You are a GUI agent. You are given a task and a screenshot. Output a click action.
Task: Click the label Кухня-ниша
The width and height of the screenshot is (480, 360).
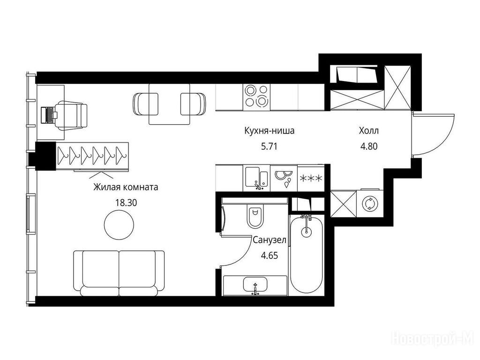[270, 131]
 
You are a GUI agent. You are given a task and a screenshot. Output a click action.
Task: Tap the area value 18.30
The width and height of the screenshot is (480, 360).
[126, 202]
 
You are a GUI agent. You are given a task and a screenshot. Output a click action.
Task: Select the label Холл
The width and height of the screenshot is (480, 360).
[369, 131]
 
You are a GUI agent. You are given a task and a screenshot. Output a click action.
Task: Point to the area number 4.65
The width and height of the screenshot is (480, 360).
[270, 255]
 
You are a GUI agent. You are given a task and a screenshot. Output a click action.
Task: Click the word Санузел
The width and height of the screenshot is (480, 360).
[270, 240]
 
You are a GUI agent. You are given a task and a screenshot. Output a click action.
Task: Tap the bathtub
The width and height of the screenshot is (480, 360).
[307, 254]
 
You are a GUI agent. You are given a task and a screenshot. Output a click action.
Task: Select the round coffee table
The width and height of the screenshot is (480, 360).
[119, 225]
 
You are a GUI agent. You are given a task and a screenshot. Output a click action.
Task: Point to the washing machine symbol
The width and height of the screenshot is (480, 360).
[369, 204]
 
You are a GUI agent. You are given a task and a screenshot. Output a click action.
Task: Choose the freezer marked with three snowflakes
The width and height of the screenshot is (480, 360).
[311, 178]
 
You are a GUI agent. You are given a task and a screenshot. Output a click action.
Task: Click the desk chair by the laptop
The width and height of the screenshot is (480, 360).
[71, 115]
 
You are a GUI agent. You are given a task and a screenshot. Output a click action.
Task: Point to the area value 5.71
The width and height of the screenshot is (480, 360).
[269, 147]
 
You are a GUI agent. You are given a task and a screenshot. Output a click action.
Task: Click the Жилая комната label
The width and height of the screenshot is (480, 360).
[126, 187]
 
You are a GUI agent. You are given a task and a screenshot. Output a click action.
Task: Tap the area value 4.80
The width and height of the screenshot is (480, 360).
[369, 147]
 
